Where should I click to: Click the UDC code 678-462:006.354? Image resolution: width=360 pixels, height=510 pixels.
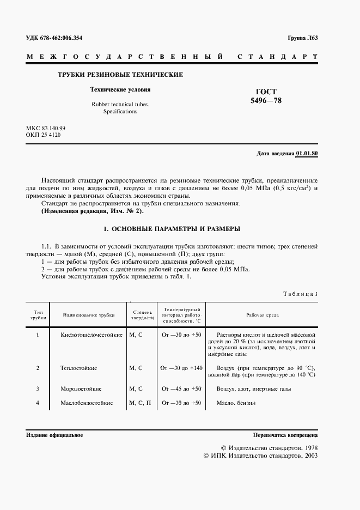(x=62, y=38)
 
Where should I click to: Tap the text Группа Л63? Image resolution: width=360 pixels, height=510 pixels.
(x=303, y=38)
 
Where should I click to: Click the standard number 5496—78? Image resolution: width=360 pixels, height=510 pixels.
(x=266, y=101)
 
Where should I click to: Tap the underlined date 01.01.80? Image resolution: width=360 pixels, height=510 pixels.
(x=307, y=154)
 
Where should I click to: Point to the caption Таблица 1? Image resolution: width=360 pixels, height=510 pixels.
(x=300, y=294)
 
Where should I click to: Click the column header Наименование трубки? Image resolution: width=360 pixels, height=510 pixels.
(x=88, y=315)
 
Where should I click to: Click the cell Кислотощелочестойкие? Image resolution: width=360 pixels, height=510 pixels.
(x=91, y=335)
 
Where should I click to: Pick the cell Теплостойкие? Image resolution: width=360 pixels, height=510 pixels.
(x=79, y=368)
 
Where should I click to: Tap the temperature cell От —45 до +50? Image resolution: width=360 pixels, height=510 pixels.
(x=181, y=389)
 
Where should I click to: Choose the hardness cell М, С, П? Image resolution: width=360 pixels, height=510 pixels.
(x=140, y=403)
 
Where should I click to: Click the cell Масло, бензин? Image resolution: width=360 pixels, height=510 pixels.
(x=235, y=403)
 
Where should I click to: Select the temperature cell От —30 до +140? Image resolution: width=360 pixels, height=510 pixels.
(x=181, y=368)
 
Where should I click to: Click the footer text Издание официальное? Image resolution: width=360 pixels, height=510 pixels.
(x=54, y=436)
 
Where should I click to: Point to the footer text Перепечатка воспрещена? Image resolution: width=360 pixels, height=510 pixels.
(x=285, y=436)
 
